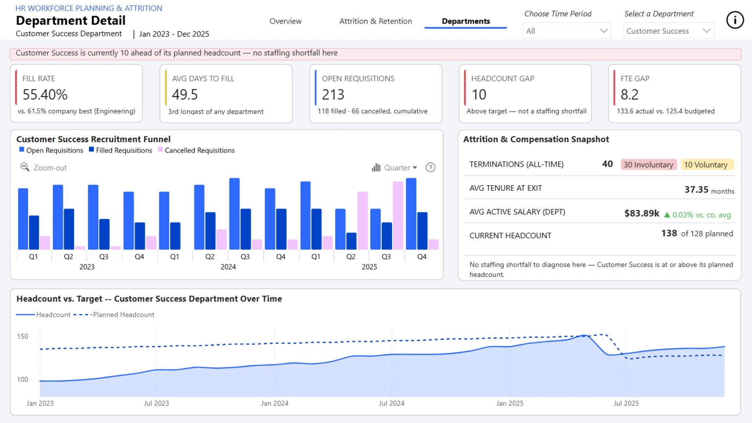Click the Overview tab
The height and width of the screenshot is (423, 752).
pyautogui.click(x=285, y=21)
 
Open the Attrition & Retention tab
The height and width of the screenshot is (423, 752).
pyautogui.click(x=376, y=21)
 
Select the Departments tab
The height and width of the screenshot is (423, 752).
pyautogui.click(x=466, y=21)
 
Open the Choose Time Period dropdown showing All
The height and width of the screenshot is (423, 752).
pyautogui.click(x=567, y=31)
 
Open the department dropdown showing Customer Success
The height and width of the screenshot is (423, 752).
pyautogui.click(x=668, y=31)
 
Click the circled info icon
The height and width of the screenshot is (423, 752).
pyautogui.click(x=735, y=20)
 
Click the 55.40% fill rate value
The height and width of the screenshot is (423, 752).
pyautogui.click(x=45, y=94)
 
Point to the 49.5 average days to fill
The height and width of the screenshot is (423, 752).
pyautogui.click(x=185, y=94)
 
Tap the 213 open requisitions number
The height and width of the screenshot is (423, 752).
pyautogui.click(x=333, y=94)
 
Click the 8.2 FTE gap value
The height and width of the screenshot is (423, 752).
pyautogui.click(x=629, y=94)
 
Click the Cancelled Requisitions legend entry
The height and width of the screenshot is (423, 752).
pyautogui.click(x=196, y=150)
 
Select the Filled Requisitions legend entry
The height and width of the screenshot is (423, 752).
pyautogui.click(x=121, y=150)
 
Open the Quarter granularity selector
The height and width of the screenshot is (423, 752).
pyautogui.click(x=394, y=168)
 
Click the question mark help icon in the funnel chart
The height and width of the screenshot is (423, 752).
pyautogui.click(x=430, y=168)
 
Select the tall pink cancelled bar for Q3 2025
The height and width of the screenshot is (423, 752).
pyautogui.click(x=398, y=215)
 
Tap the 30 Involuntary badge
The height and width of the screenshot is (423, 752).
pyautogui.click(x=649, y=165)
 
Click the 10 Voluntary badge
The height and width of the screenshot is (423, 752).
pyautogui.click(x=706, y=165)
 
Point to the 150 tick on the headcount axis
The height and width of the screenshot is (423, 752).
pyautogui.click(x=23, y=336)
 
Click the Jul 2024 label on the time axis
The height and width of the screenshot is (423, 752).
pyautogui.click(x=392, y=403)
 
